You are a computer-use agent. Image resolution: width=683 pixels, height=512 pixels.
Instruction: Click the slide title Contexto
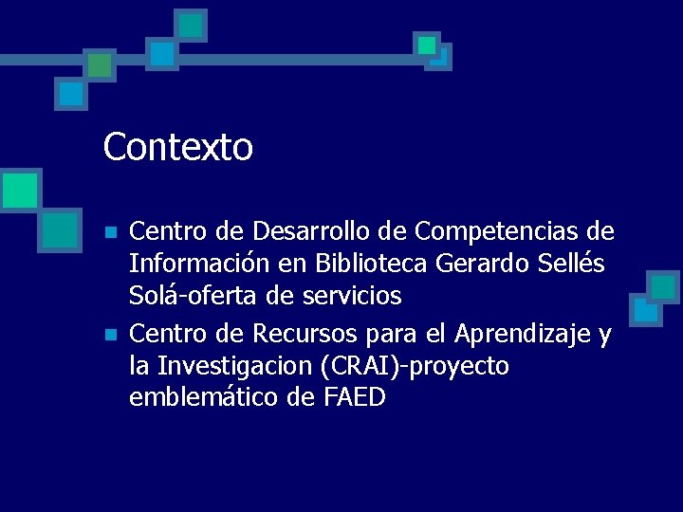click(x=178, y=147)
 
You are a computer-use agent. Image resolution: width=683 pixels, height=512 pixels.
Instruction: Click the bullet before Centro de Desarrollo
click(x=111, y=232)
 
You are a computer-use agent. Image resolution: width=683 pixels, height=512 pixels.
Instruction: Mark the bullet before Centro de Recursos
click(x=111, y=335)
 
